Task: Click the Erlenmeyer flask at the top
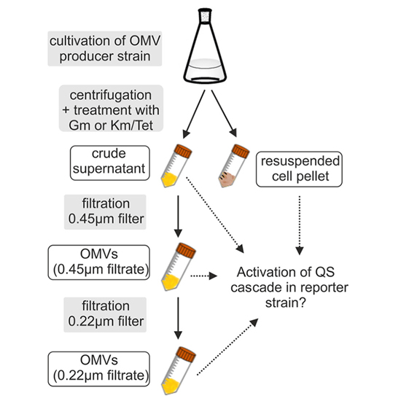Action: (x=205, y=46)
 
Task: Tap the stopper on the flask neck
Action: (x=205, y=16)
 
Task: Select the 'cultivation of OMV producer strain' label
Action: (x=105, y=49)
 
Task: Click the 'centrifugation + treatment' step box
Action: (x=111, y=109)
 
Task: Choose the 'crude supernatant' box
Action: (x=109, y=163)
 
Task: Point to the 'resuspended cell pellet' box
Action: (x=299, y=169)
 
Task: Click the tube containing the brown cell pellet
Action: (x=233, y=166)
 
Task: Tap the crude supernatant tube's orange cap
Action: (x=183, y=151)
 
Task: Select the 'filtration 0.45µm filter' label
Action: (x=105, y=212)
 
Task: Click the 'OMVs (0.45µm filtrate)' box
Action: (x=99, y=262)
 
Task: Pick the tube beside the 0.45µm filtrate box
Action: (x=179, y=267)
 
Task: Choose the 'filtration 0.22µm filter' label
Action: (x=105, y=314)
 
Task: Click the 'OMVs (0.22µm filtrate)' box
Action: (x=99, y=368)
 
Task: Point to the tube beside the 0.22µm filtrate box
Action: (x=179, y=371)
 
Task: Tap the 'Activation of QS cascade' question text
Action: (x=289, y=287)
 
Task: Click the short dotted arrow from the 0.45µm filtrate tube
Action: (x=204, y=276)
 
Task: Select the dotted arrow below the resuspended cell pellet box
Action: (x=300, y=225)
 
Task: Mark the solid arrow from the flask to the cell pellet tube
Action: (x=224, y=114)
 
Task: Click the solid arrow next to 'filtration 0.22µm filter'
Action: (x=178, y=318)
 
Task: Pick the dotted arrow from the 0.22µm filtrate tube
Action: (x=227, y=347)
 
